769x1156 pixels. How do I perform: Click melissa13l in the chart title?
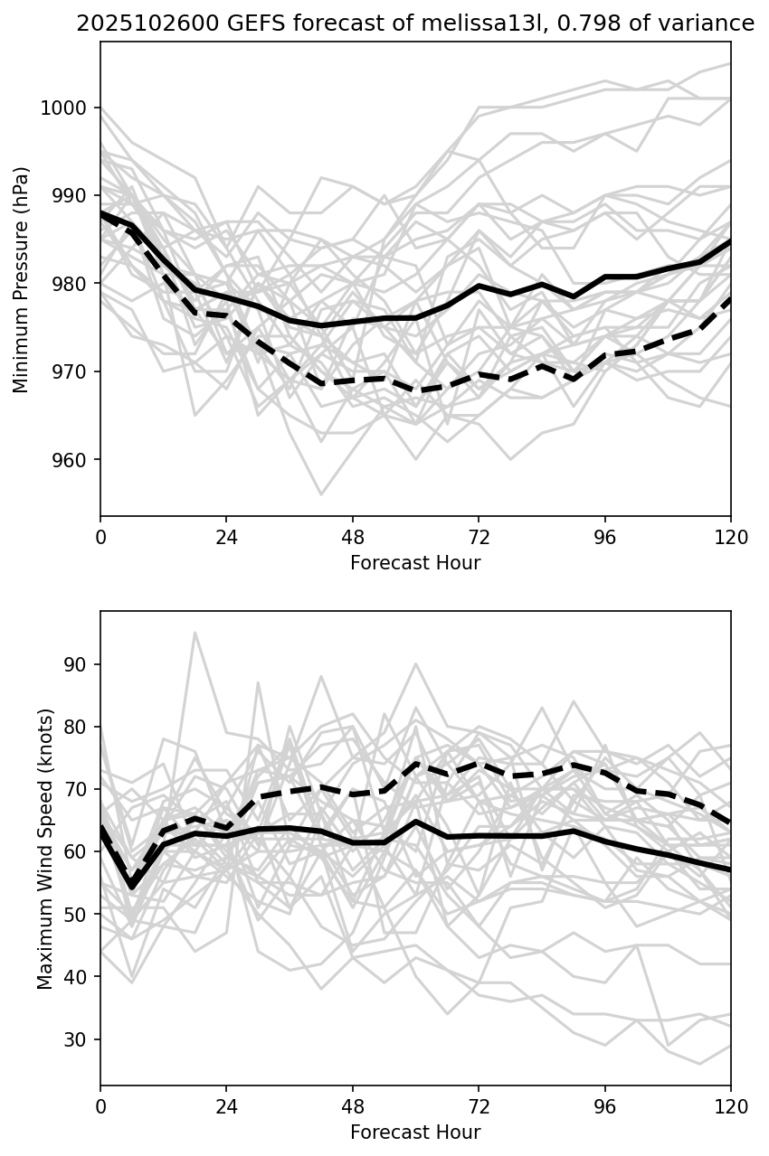click(x=386, y=24)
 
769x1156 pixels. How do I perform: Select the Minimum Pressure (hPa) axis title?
click(x=22, y=279)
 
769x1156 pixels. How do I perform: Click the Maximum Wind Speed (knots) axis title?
click(x=45, y=848)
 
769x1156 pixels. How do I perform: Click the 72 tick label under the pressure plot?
click(x=479, y=538)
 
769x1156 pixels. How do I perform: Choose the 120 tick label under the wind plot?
click(x=731, y=1107)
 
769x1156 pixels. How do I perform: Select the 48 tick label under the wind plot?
click(x=353, y=1107)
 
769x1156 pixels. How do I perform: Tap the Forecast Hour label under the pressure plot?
click(x=415, y=563)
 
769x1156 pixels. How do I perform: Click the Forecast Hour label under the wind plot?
click(x=415, y=1133)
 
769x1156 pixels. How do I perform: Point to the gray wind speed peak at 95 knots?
click(x=195, y=633)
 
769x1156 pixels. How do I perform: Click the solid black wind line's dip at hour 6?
click(x=132, y=887)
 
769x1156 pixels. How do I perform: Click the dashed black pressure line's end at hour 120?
click(x=729, y=300)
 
